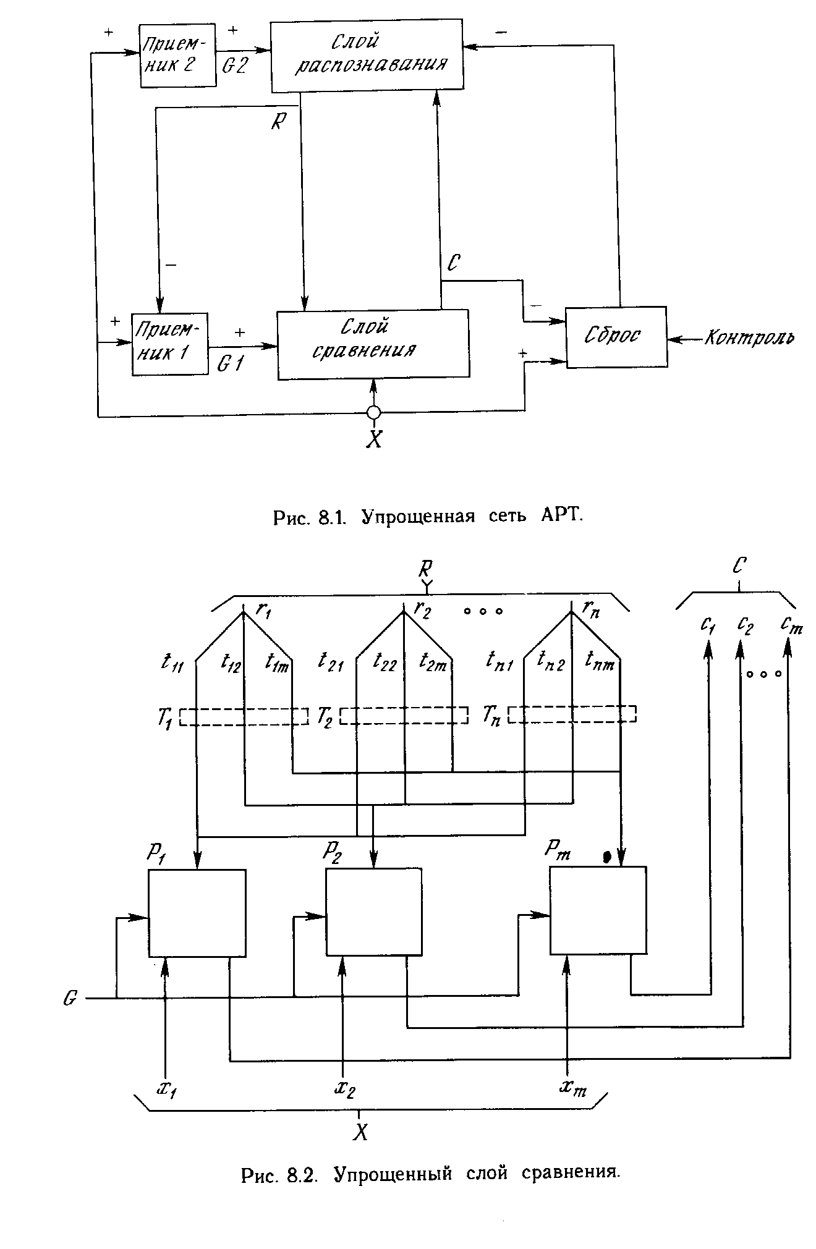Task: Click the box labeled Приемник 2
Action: tap(177, 56)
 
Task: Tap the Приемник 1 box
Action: tap(170, 344)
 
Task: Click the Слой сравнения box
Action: tap(373, 344)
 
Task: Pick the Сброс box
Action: tap(616, 337)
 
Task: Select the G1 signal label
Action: tap(230, 365)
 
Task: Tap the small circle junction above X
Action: tap(373, 412)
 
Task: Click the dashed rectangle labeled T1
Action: tap(244, 716)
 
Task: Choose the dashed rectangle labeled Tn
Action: tap(572, 714)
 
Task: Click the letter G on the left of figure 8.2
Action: tap(70, 998)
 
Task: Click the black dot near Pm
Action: tap(607, 856)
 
